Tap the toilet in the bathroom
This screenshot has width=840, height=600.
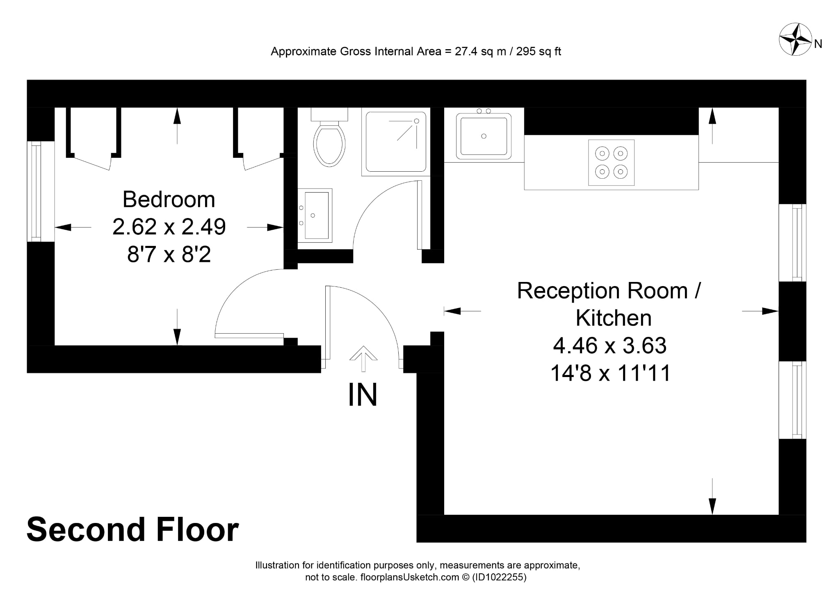click(329, 137)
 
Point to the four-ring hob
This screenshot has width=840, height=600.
click(611, 163)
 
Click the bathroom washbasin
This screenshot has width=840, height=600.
click(315, 215)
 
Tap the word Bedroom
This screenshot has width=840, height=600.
click(169, 200)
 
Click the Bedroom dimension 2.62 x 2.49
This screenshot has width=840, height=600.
click(169, 227)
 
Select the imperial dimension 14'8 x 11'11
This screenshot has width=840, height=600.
click(610, 373)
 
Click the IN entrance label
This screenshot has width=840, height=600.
click(363, 395)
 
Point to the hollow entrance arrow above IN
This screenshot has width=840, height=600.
click(363, 359)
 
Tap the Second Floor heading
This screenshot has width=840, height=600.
click(132, 530)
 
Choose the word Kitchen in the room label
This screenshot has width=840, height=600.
click(614, 318)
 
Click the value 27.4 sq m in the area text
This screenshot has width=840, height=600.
click(480, 52)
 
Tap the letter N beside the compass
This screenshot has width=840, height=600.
click(818, 44)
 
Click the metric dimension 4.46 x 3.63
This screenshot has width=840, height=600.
click(610, 345)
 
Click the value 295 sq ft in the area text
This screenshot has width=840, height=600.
click(539, 52)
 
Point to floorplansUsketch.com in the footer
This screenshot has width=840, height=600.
click(410, 577)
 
